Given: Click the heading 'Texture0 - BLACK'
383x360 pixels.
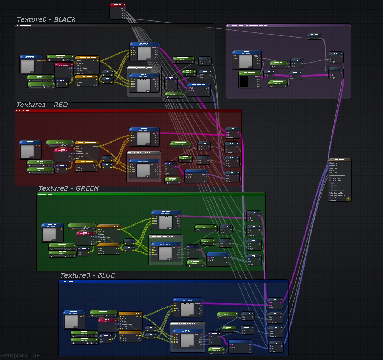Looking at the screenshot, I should coord(46,20).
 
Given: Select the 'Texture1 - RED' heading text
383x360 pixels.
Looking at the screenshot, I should coord(42,105).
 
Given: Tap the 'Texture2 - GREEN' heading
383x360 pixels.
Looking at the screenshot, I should coord(68,188).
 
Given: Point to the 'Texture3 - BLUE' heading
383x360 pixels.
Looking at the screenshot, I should coord(87,275).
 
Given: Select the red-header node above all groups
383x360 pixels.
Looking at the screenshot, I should coord(118,5).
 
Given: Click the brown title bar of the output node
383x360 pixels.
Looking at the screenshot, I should coord(339,160).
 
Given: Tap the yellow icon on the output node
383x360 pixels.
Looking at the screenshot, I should coord(348,199).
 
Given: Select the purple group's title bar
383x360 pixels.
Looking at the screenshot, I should coord(288,26).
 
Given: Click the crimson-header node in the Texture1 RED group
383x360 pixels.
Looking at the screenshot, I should coord(64,150).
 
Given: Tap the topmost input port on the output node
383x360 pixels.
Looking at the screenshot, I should coord(330,163).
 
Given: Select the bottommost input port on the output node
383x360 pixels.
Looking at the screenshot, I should coord(330,201).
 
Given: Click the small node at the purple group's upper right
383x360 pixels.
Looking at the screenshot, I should coord(314,36).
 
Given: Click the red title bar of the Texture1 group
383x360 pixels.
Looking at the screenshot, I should coord(128,111).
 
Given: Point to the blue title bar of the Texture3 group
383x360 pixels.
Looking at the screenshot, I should coord(173,281).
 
